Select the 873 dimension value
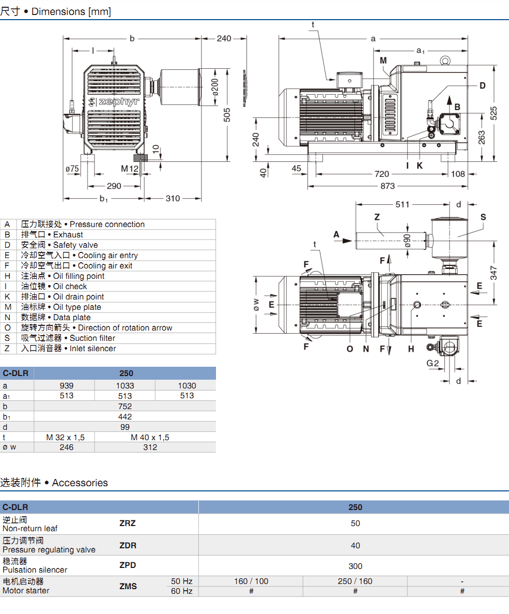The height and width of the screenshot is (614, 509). (x=387, y=186)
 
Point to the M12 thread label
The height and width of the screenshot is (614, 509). (x=130, y=169)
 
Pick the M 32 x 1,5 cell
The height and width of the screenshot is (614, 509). (x=65, y=437)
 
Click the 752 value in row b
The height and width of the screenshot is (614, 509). (x=125, y=406)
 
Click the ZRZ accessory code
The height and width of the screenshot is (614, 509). (x=128, y=523)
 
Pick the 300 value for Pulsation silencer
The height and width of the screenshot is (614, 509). (x=355, y=566)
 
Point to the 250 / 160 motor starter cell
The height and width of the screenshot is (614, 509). (x=355, y=581)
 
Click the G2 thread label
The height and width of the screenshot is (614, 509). (x=433, y=363)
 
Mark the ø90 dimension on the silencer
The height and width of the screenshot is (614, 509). (x=407, y=241)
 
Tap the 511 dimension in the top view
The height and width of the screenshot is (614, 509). (x=403, y=204)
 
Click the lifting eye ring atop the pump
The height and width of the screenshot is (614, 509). (x=445, y=60)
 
